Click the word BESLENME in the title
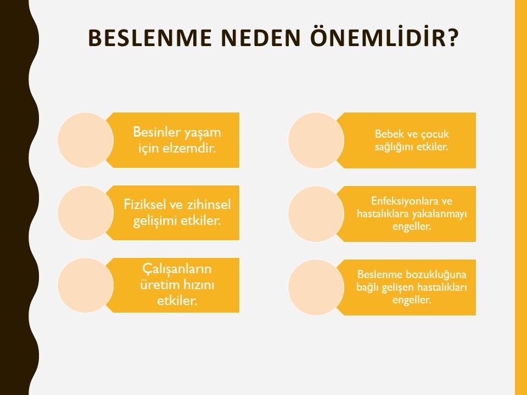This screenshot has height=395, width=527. point(150,38)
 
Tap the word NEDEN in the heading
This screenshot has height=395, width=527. point(260,38)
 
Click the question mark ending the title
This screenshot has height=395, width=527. point(452,38)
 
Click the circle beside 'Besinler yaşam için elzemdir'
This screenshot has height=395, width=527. point(86,140)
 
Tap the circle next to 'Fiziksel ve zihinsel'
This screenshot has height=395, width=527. point(86,213)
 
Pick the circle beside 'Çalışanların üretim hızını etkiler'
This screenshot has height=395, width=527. point(86,285)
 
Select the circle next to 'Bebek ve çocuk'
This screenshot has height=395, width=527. point(316,140)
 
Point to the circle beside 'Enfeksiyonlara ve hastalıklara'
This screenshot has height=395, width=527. point(316,214)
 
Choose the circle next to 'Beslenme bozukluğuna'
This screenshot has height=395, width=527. point(316,287)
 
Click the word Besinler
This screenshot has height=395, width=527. point(156,132)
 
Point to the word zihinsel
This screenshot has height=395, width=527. point(209,204)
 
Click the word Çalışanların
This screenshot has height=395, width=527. point(177,269)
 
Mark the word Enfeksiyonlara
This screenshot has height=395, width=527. point(405,201)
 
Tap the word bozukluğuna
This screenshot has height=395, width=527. point(436,275)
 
